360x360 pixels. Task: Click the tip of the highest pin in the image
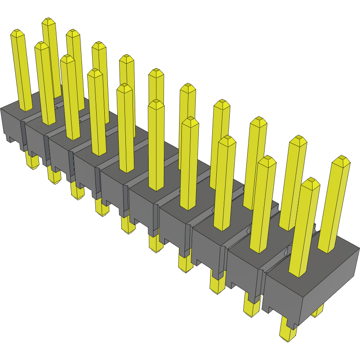[x=49, y=21]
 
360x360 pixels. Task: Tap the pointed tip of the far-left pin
[x=17, y=33]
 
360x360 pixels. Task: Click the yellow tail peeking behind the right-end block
[x=318, y=310]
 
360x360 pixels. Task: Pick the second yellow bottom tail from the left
[x=54, y=176]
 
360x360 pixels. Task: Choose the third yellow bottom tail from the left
[x=77, y=192]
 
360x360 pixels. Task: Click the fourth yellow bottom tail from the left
[x=102, y=208]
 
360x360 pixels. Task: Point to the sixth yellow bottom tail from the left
[x=156, y=244]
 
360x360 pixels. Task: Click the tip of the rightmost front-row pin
[x=310, y=182]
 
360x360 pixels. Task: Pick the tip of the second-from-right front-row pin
[x=267, y=159]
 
